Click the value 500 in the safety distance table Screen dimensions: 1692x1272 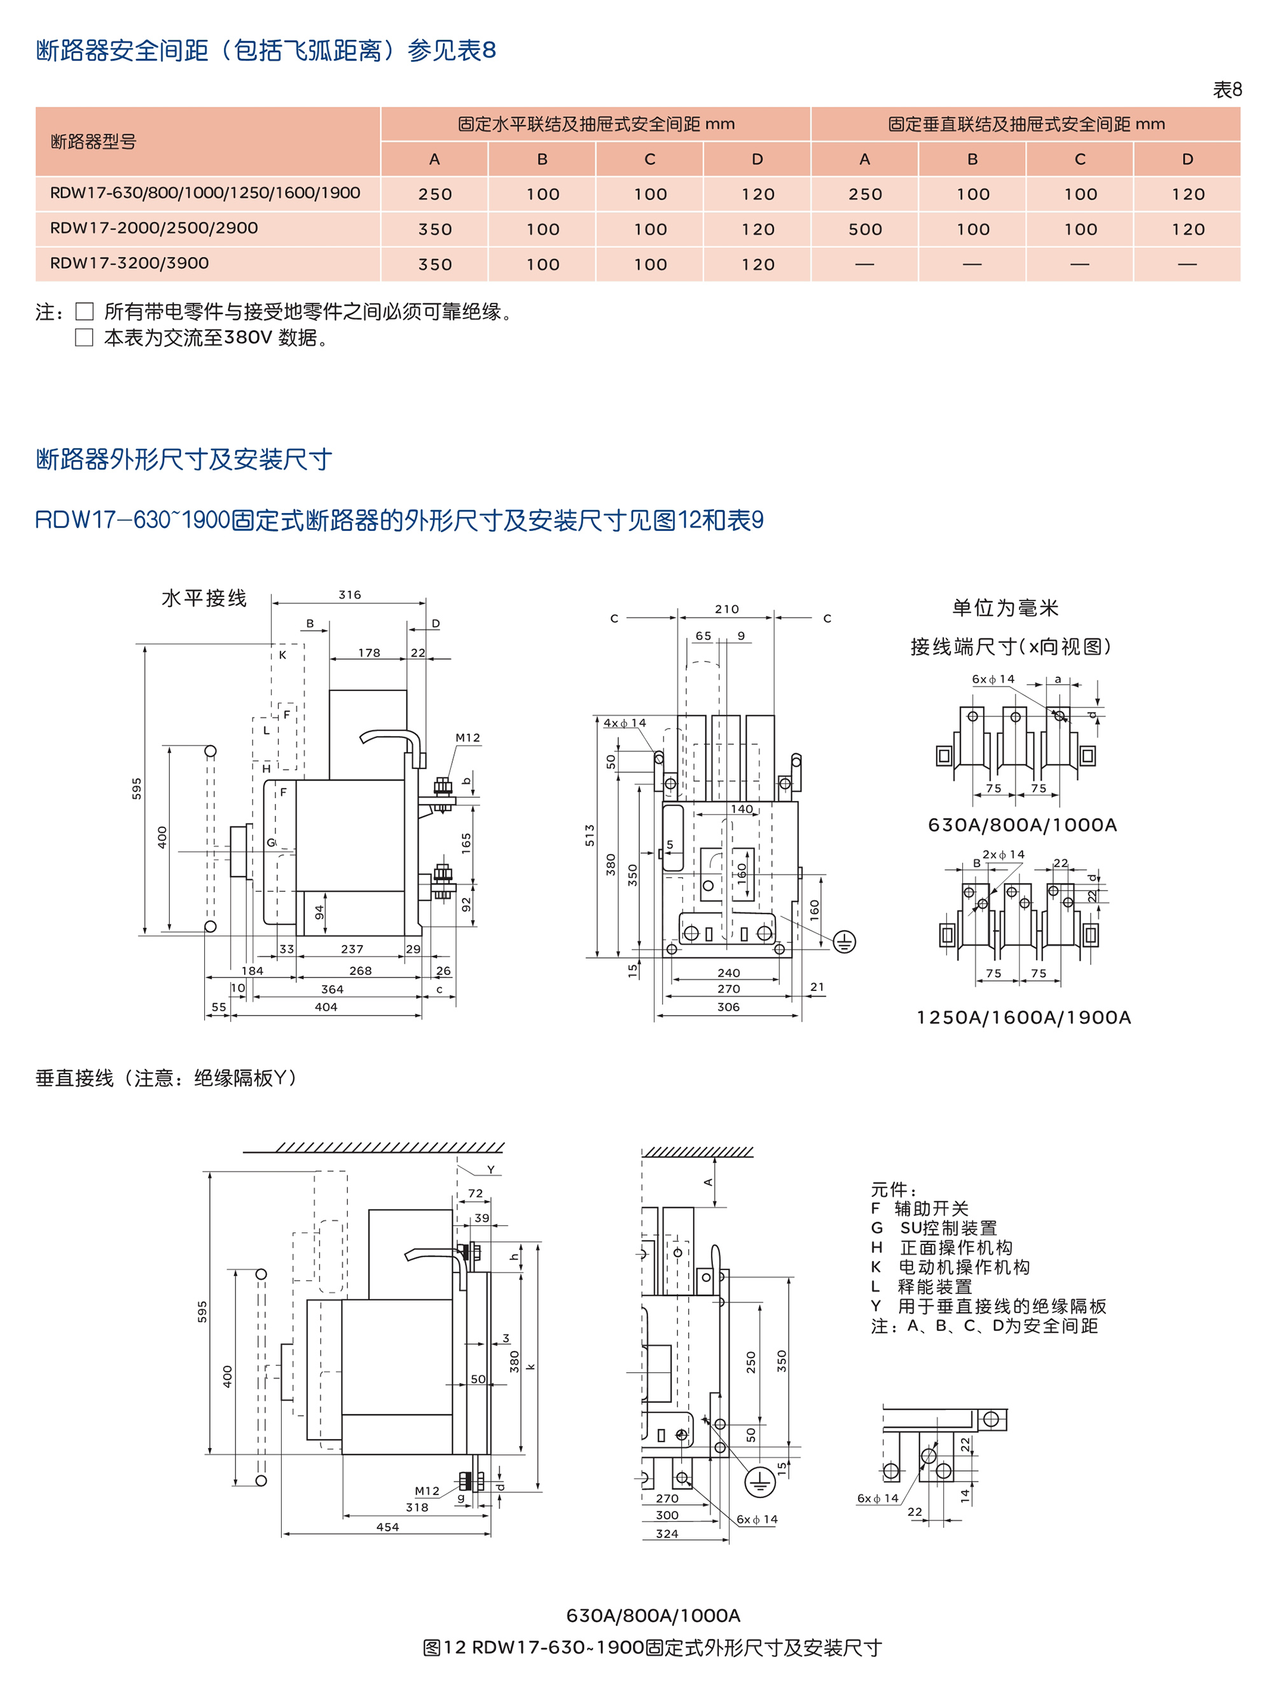point(865,229)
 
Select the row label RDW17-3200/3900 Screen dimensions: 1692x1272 point(129,263)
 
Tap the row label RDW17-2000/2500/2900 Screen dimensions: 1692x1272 point(154,228)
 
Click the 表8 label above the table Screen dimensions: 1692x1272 point(1227,90)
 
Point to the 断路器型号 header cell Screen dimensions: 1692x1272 point(93,142)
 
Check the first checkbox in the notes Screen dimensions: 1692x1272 point(84,311)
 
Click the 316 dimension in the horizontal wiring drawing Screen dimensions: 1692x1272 point(350,594)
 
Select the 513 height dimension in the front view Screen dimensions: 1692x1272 point(590,835)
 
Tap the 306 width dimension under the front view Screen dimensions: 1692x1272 point(728,1007)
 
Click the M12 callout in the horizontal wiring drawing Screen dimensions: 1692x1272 point(467,737)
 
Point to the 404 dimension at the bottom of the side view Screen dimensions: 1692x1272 point(326,1007)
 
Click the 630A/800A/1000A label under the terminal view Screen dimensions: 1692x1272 point(1021,824)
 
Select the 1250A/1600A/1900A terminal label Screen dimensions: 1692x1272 point(1023,1018)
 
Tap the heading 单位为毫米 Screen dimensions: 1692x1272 point(1005,608)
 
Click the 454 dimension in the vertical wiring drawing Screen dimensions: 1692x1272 point(387,1527)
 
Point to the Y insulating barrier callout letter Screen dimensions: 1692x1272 point(490,1170)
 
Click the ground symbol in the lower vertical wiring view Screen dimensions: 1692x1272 point(759,1482)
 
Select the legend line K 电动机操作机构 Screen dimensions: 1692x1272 point(950,1267)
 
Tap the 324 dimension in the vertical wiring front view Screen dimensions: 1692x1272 point(667,1534)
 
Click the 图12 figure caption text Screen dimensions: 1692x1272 point(652,1647)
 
